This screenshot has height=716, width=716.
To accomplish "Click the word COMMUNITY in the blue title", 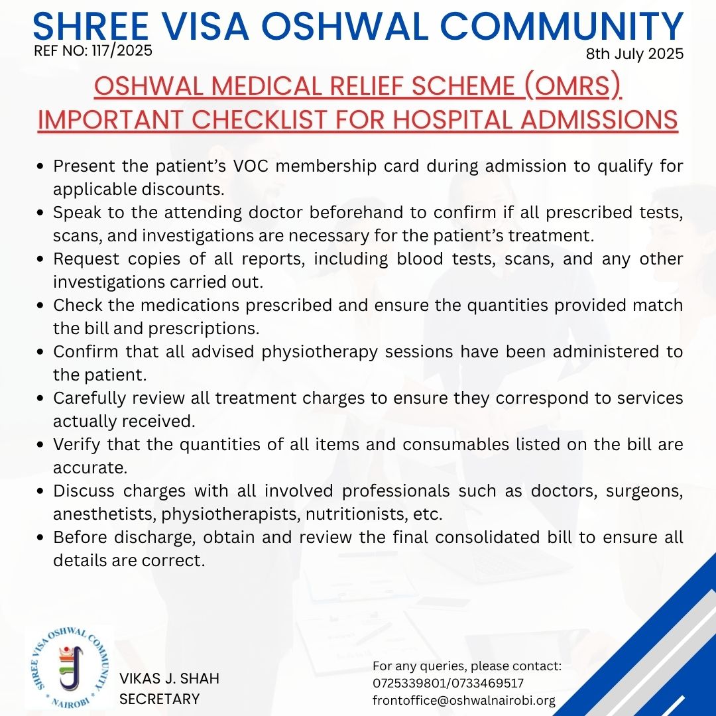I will (x=563, y=27).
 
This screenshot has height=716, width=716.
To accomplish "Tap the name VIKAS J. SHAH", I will (x=169, y=678).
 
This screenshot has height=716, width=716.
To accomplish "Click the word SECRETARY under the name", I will (x=159, y=699).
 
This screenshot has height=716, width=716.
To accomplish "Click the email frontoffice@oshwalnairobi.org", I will (x=464, y=701).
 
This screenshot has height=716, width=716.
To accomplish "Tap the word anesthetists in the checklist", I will (x=100, y=514).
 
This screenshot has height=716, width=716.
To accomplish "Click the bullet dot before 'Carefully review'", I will (x=42, y=398).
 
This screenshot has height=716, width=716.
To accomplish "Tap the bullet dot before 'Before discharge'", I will (x=42, y=538).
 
